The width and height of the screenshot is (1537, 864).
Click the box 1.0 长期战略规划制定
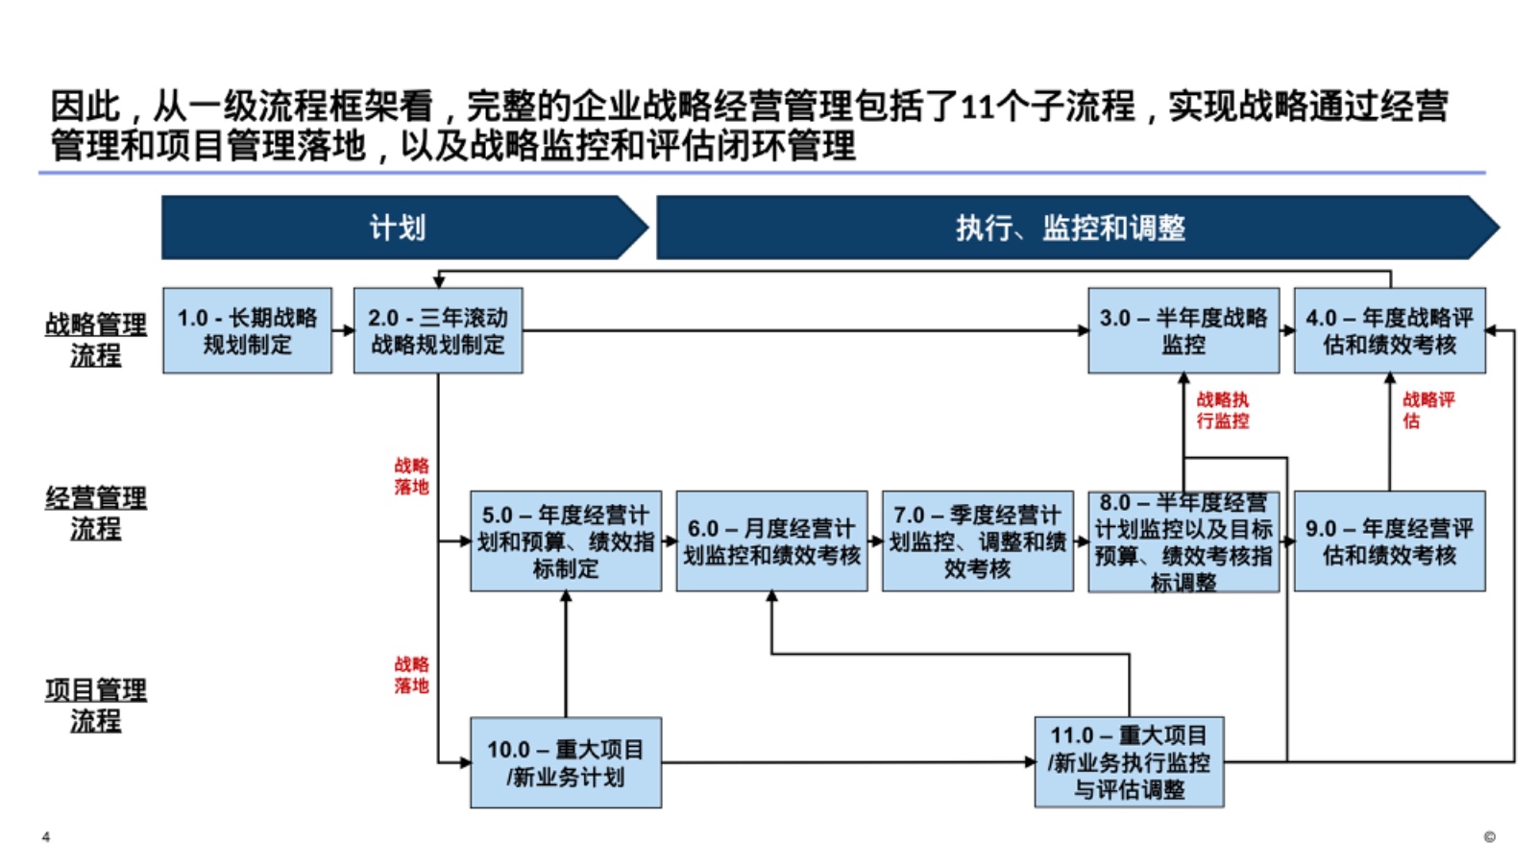pos(247,330)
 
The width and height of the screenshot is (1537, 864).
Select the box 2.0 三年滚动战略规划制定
pos(438,330)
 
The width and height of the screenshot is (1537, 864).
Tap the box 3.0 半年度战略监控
pos(1183,330)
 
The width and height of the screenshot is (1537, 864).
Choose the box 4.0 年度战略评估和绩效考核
pos(1389,330)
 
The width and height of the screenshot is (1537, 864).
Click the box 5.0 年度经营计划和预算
pos(566,541)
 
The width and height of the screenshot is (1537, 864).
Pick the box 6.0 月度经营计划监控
pos(771,541)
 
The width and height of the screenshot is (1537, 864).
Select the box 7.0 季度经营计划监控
pos(977,541)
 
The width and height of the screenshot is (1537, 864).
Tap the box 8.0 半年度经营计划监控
pos(1183,542)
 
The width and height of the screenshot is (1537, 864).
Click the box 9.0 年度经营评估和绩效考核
pos(1389,541)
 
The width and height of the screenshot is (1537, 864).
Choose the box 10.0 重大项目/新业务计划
pos(566,762)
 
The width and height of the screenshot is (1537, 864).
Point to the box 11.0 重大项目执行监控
pos(1129,762)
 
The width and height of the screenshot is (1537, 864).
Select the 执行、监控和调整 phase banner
pos(1071,228)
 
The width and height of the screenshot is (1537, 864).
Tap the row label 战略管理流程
pos(96,339)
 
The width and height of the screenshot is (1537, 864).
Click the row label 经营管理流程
pos(96,513)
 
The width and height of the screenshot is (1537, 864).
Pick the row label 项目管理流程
pos(96,705)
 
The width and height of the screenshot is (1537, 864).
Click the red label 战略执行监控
pos(1223,410)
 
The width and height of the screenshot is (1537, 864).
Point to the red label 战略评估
pos(1427,410)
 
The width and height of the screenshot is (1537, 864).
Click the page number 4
pos(46,837)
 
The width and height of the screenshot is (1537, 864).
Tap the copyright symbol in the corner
pos(1489,837)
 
